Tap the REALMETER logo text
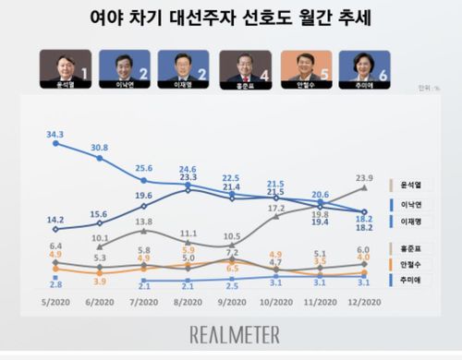click(x=231, y=334)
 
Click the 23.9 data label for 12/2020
click(x=365, y=177)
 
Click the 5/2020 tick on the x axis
click(x=55, y=300)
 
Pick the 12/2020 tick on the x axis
click(x=365, y=300)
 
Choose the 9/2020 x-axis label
click(x=232, y=300)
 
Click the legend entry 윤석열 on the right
click(x=411, y=184)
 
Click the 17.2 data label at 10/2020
click(x=276, y=209)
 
